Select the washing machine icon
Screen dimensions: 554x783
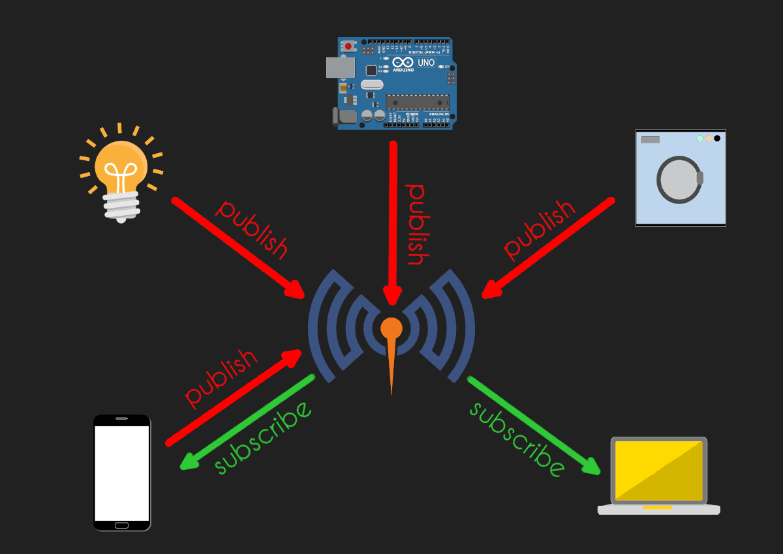[681, 178]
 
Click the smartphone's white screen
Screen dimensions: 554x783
[122, 473]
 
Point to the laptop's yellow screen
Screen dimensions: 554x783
[659, 471]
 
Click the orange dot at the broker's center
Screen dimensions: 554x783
[391, 327]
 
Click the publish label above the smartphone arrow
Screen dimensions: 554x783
[221, 378]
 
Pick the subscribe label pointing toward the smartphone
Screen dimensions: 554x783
[263, 438]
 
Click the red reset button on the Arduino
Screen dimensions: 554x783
[348, 46]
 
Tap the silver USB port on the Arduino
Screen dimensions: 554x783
[340, 68]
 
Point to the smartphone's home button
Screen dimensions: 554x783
[122, 525]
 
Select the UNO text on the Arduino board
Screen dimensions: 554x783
[425, 63]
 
